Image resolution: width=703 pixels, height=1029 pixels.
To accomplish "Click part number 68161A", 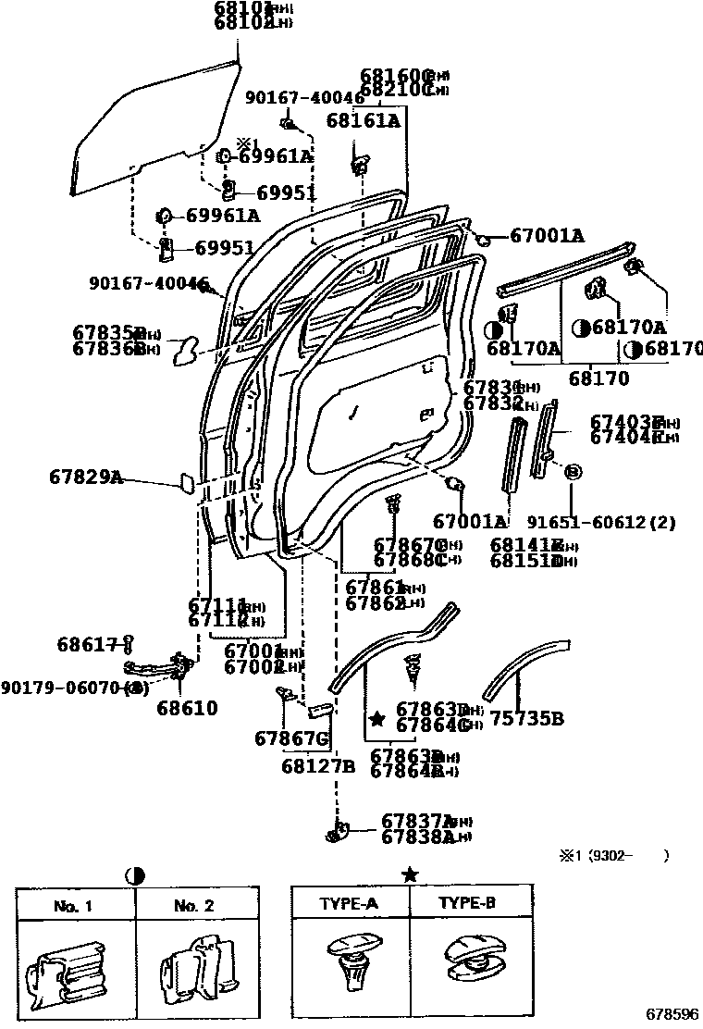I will (363, 120).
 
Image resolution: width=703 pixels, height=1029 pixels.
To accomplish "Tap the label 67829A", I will (85, 477).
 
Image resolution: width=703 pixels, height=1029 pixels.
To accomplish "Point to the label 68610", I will (187, 708).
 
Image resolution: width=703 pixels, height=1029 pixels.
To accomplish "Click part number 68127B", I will (318, 765).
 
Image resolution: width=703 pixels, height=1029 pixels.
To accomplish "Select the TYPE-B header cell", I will (470, 903).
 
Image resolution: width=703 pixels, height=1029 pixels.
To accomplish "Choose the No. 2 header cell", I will (194, 906).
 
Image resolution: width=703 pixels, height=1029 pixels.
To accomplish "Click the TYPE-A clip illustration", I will (351, 962).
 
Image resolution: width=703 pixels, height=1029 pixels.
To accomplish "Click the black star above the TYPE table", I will (411, 874).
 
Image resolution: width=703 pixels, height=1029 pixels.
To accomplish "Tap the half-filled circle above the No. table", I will (135, 874).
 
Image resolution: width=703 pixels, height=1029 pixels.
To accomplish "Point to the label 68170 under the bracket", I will (598, 378).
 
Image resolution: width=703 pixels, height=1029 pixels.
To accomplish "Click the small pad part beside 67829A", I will (184, 484).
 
